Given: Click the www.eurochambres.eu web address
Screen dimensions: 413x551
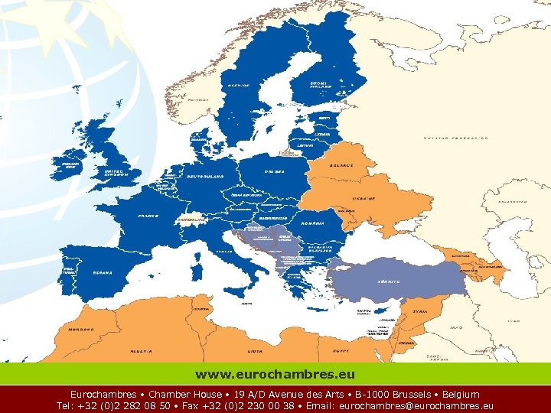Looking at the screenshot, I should (x=275, y=375).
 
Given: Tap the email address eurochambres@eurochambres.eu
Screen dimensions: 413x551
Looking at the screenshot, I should (x=416, y=406).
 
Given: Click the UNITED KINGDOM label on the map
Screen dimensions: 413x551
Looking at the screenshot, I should (x=117, y=174).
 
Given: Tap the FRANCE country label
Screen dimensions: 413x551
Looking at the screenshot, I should (x=148, y=216).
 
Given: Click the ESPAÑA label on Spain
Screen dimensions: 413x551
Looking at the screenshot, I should (x=103, y=272).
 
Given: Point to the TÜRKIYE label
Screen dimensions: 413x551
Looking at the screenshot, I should (x=389, y=281).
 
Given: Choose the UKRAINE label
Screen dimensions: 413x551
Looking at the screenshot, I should (x=364, y=198).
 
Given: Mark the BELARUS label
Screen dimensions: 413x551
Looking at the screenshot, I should (x=341, y=165).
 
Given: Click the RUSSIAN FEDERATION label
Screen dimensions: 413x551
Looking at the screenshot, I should (x=457, y=138).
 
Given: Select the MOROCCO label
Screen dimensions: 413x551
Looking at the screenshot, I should (x=82, y=330).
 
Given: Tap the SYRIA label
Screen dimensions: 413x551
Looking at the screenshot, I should (x=420, y=311).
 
